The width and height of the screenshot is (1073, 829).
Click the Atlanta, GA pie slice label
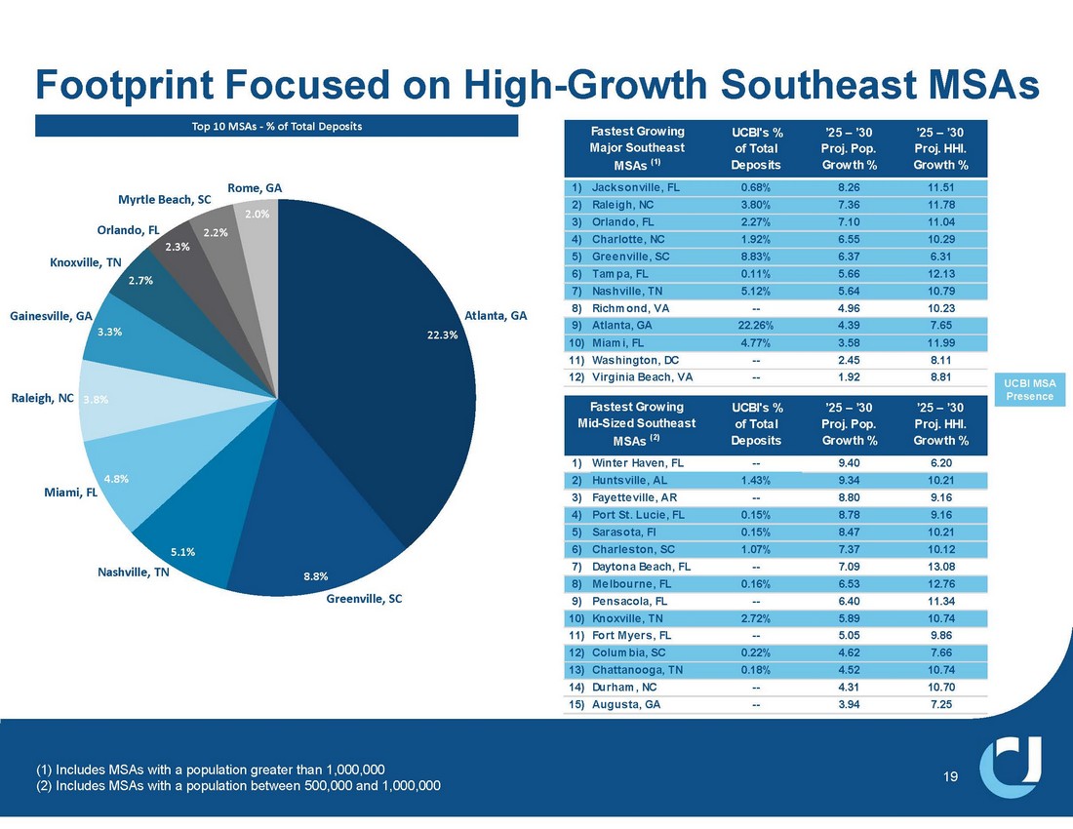tap(496, 315)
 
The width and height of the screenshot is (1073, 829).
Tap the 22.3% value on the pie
tap(444, 335)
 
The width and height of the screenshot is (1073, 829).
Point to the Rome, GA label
tap(255, 186)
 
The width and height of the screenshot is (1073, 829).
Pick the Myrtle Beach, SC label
tap(165, 200)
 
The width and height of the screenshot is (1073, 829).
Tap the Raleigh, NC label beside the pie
tap(42, 399)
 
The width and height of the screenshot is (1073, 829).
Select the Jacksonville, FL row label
tap(638, 186)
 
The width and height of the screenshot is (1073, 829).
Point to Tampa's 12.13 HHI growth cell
tap(940, 273)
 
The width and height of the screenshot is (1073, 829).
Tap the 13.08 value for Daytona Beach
tap(940, 566)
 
